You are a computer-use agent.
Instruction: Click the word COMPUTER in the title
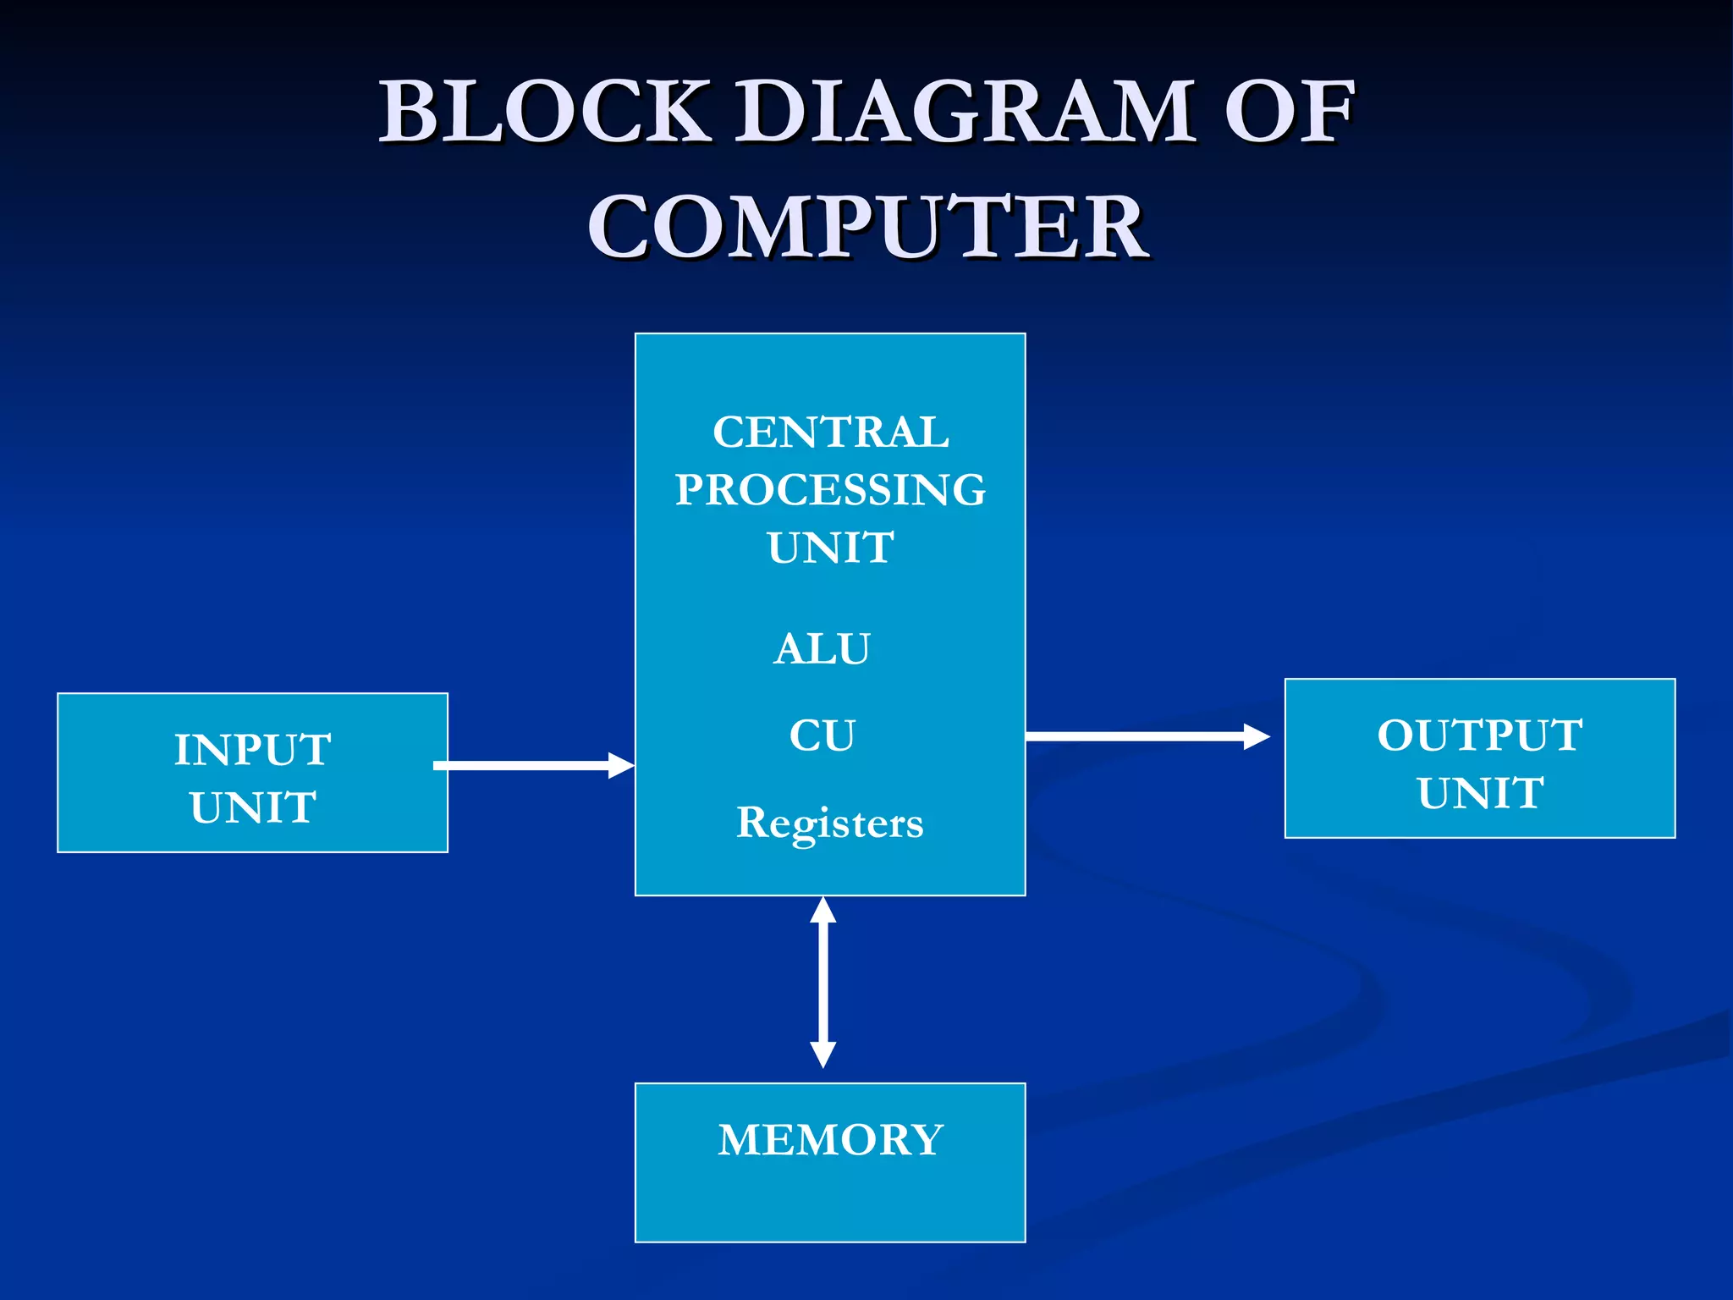pos(867,227)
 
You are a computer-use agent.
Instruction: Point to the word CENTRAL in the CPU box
pos(830,432)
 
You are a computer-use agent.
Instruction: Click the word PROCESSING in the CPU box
pos(830,490)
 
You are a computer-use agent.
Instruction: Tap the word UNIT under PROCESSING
pos(830,548)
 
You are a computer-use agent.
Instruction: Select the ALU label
pos(822,649)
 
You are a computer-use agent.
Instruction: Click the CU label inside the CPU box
pos(822,735)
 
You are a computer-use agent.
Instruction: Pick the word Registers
pos(829,823)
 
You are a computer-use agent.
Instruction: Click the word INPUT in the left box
pos(252,750)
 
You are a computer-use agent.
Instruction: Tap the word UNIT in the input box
pos(252,807)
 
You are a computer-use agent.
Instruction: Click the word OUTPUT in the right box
pos(1479,735)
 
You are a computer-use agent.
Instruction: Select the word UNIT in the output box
pos(1479,794)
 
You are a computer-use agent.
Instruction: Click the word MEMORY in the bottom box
pos(830,1140)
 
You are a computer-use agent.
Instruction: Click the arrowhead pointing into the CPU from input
pos(621,766)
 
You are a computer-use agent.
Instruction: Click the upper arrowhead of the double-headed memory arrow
pos(822,911)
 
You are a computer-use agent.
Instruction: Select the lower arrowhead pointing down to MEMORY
pos(822,1055)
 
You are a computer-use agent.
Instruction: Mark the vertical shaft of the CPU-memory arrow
pos(822,982)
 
